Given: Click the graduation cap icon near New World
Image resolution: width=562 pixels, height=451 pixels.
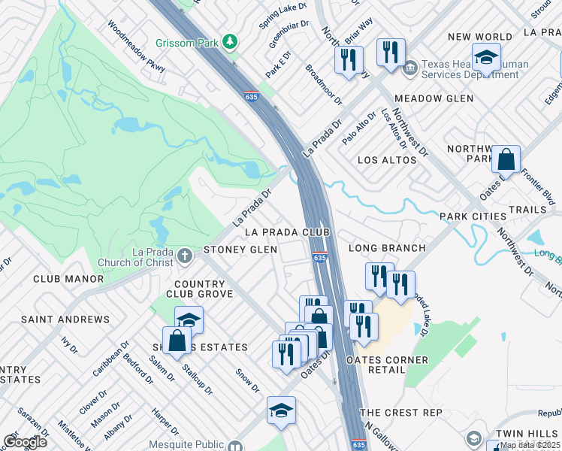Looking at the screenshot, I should [486, 58].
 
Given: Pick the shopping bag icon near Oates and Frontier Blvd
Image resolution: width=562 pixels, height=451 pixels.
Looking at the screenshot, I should [506, 160].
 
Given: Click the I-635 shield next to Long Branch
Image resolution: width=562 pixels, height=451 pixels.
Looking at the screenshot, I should [320, 258].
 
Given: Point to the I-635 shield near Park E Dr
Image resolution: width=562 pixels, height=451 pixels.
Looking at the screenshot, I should [252, 96].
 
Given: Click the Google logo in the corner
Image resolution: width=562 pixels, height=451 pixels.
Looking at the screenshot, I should [24, 442].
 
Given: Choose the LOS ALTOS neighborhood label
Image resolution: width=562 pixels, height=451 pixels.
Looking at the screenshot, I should [387, 160].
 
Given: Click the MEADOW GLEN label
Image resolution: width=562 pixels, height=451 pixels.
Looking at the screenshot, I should [434, 98].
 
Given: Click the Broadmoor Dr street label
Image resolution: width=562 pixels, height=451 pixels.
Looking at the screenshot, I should [323, 84].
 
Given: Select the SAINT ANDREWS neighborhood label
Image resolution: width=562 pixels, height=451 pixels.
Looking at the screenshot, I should [65, 319].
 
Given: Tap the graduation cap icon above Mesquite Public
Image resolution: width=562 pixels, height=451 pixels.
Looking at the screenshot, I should [281, 410].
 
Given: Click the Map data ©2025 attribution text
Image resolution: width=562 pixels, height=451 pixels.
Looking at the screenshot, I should [530, 445].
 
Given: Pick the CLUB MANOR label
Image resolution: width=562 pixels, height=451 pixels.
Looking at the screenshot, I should [68, 278].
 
